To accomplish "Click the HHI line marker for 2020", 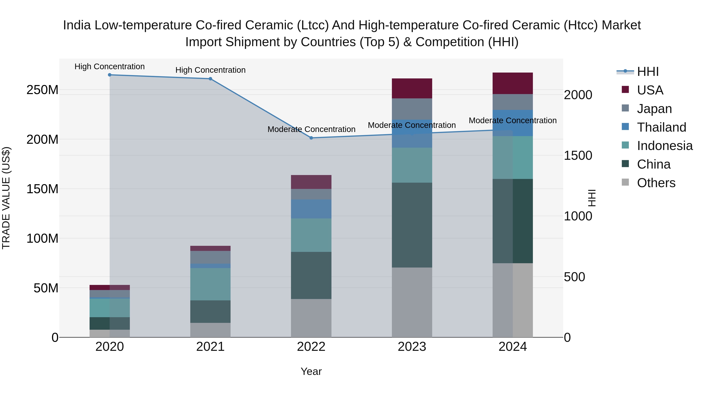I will [x=110, y=75].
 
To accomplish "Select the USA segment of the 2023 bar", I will [x=412, y=88].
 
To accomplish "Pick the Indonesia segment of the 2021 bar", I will [x=210, y=284].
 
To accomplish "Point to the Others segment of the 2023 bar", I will [x=412, y=302].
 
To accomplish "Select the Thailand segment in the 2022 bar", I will [x=311, y=209].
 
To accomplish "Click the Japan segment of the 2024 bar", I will [x=512, y=102].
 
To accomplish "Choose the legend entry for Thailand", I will [x=661, y=127].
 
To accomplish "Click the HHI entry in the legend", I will [x=647, y=72].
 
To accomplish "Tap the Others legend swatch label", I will [x=656, y=183].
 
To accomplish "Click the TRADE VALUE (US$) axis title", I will [x=6, y=198].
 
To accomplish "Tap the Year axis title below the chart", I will [x=311, y=371].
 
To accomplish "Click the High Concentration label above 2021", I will [x=210, y=70].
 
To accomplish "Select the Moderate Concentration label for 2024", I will [x=512, y=120].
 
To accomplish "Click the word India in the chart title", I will [x=77, y=25].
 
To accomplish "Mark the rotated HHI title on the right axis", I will [x=592, y=198].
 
